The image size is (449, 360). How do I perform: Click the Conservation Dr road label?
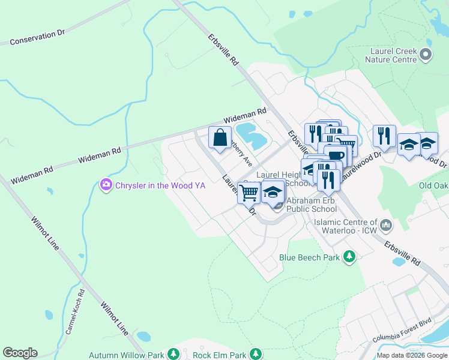[37, 37]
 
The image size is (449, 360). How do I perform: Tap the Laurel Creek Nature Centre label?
[393, 55]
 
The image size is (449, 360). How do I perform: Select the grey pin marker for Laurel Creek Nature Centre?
[426, 55]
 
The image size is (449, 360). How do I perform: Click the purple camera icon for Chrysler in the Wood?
[106, 185]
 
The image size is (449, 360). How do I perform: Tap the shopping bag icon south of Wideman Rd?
[220, 137]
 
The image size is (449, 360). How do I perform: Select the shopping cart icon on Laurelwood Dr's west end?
[249, 193]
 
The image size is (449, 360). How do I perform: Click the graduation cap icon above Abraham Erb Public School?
[273, 192]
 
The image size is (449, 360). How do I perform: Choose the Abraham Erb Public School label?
[311, 205]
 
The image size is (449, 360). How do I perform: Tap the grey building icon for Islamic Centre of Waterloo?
[385, 226]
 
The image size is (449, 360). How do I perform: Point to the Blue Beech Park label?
[309, 258]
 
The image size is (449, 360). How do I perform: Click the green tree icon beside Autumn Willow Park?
[173, 355]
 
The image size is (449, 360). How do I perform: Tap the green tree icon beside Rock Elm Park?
[256, 355]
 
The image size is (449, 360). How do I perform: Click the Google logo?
[20, 353]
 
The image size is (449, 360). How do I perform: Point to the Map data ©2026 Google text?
[411, 355]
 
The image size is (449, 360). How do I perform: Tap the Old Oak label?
[433, 185]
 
